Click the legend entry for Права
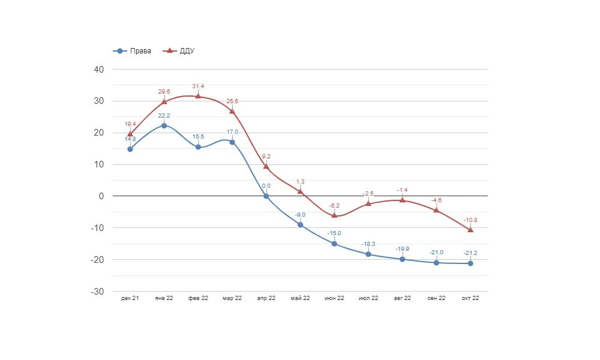point(133,51)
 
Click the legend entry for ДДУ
point(179,51)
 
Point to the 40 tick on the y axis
point(99,70)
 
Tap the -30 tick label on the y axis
point(98,292)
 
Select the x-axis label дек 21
point(130,298)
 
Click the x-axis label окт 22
point(470,298)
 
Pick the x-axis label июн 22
point(334,298)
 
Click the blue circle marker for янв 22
point(164,126)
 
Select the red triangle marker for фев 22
point(198,96)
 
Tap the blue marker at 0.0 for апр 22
point(266,196)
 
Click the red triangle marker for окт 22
point(470,230)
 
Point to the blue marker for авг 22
point(402,259)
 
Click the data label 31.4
point(198,86)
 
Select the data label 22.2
point(164,115)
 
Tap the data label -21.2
point(470,253)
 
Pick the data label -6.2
point(334,205)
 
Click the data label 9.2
point(266,157)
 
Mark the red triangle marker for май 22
point(300,191)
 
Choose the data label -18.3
point(368,244)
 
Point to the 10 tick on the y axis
point(99,164)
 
